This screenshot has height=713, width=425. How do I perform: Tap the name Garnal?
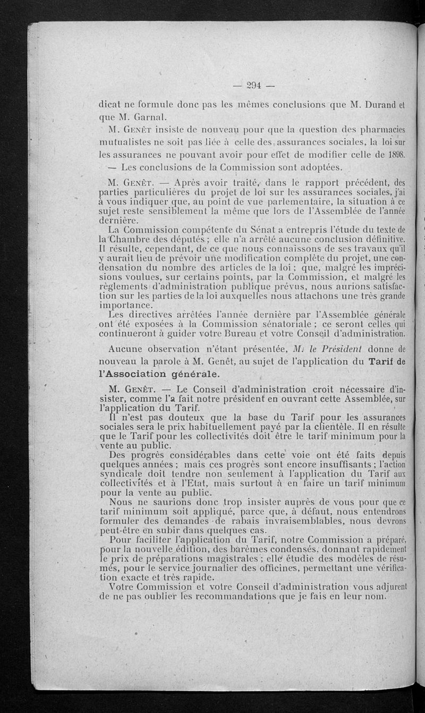click(139, 117)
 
